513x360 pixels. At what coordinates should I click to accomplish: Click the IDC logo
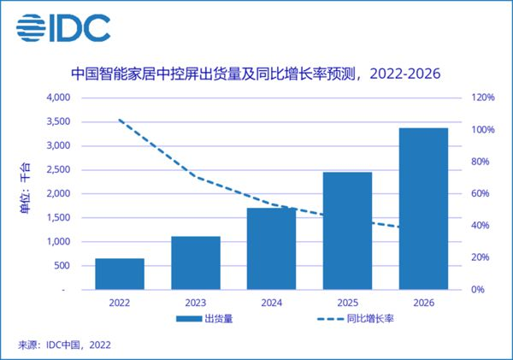click(64, 28)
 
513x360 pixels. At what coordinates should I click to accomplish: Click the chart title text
click(256, 74)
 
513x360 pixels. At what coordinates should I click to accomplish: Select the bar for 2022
click(120, 274)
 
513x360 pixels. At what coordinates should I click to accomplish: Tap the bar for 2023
click(196, 263)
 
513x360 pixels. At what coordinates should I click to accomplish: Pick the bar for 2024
click(271, 248)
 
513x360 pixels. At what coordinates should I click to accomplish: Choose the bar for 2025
click(347, 231)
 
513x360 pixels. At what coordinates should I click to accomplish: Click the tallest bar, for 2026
click(423, 209)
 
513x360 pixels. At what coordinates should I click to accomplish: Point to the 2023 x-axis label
click(196, 302)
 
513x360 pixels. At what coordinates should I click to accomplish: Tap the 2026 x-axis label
click(423, 302)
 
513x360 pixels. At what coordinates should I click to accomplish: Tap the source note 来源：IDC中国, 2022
click(64, 345)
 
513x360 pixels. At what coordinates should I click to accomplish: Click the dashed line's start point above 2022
click(120, 120)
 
